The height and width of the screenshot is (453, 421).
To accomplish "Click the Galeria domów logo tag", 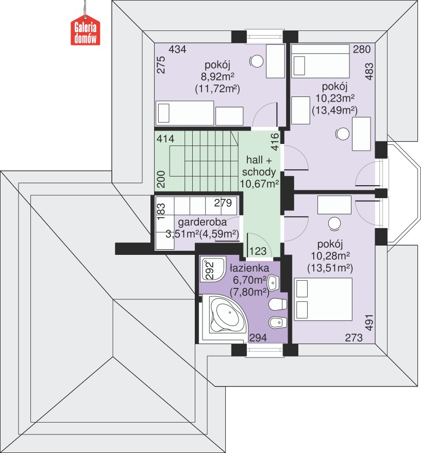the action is pyautogui.click(x=86, y=32).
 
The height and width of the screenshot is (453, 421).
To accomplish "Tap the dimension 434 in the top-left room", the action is pyautogui.click(x=177, y=50).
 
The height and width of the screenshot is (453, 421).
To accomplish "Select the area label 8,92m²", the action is pyautogui.click(x=217, y=76).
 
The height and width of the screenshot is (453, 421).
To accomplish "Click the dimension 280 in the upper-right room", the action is pyautogui.click(x=362, y=50).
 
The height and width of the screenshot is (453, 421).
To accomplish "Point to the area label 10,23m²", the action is pyautogui.click(x=335, y=98).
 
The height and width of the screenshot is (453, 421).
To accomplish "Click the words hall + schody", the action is pyautogui.click(x=259, y=166).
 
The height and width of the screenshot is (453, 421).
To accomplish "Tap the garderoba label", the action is pyautogui.click(x=203, y=222).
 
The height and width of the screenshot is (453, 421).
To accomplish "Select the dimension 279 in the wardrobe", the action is pyautogui.click(x=223, y=203).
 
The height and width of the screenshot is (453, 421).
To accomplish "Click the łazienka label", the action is pyautogui.click(x=249, y=268).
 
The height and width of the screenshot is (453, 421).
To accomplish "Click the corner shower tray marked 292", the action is pyautogui.click(x=212, y=269).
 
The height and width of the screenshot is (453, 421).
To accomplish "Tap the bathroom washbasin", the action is pyautogui.click(x=273, y=283).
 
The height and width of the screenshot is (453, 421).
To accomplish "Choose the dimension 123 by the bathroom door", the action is pyautogui.click(x=258, y=251).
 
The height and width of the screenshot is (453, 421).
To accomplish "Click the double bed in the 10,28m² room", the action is pyautogui.click(x=323, y=299).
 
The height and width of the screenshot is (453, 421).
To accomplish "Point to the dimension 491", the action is pyautogui.click(x=369, y=322).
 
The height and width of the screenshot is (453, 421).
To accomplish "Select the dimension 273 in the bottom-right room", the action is pyautogui.click(x=354, y=337).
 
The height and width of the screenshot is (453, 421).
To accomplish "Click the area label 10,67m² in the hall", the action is pyautogui.click(x=259, y=184).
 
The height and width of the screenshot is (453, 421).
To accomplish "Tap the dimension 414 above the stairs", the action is pyautogui.click(x=165, y=139).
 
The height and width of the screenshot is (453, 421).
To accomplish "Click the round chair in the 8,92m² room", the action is pyautogui.click(x=256, y=61).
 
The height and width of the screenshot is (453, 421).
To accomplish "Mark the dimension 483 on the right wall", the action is pyautogui.click(x=369, y=71).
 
